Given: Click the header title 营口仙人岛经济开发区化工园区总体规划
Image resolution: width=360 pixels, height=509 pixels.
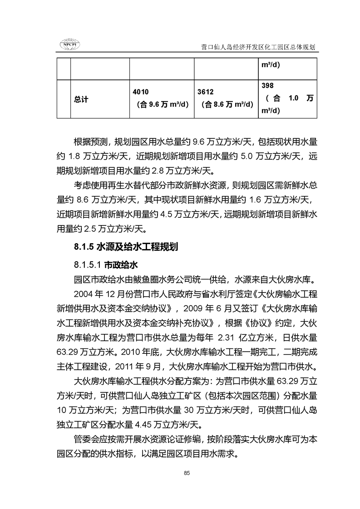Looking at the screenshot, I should point(258,47).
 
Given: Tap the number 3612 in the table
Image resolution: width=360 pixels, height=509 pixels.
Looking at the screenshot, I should point(206,92).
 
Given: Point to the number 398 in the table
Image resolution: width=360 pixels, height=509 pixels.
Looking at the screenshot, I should point(268,86).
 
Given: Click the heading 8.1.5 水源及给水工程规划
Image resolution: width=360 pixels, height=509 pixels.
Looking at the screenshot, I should point(126,247).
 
